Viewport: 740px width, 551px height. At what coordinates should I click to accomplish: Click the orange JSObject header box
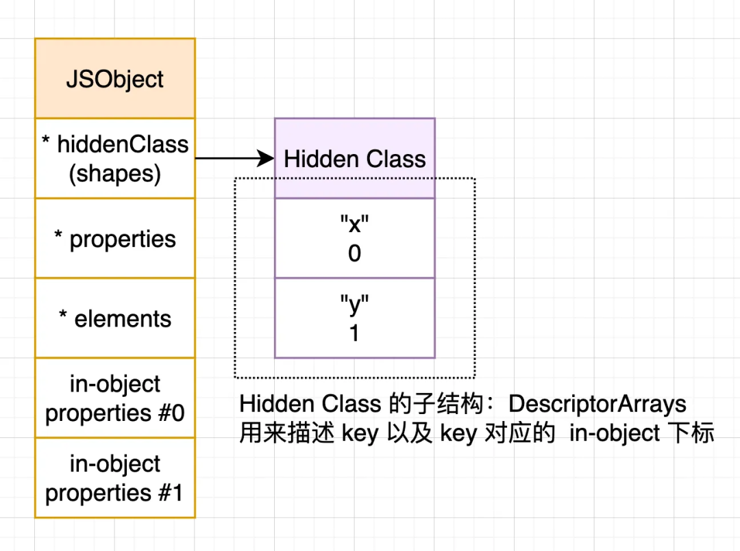pyautogui.click(x=115, y=79)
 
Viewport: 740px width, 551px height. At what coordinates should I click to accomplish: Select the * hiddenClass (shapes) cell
pyautogui.click(x=115, y=159)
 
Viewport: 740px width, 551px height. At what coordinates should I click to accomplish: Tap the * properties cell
pyautogui.click(x=115, y=239)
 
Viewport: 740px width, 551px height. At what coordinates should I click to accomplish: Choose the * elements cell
pyautogui.click(x=115, y=318)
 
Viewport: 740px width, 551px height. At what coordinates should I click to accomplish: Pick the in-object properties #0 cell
pyautogui.click(x=115, y=398)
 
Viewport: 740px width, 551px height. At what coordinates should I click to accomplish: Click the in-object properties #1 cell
pyautogui.click(x=115, y=478)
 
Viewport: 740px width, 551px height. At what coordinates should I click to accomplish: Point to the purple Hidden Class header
pyautogui.click(x=355, y=159)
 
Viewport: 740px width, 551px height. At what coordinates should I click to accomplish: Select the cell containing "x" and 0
pyautogui.click(x=355, y=238)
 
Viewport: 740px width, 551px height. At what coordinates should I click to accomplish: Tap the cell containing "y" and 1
pyautogui.click(x=355, y=318)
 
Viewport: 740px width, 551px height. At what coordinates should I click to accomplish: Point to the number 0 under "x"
pyautogui.click(x=354, y=254)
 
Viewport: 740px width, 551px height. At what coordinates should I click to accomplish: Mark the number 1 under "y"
pyautogui.click(x=354, y=333)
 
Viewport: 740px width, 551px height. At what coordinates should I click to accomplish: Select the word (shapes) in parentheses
pyautogui.click(x=115, y=174)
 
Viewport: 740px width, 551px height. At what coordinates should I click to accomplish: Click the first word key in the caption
pyautogui.click(x=360, y=433)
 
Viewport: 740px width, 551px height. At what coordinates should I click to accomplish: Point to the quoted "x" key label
pyautogui.click(x=354, y=225)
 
